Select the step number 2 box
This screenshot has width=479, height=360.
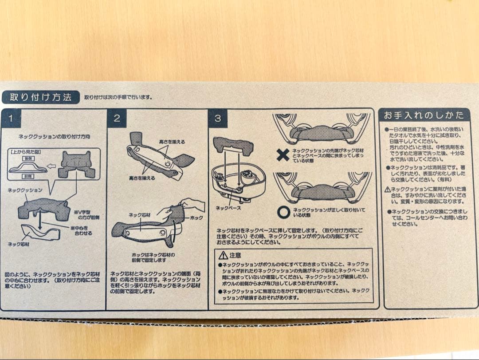coord(117,119)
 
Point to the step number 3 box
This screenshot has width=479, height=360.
coord(218,119)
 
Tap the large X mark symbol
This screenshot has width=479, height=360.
coord(283,155)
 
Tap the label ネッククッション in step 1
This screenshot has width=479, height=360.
coord(25,190)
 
